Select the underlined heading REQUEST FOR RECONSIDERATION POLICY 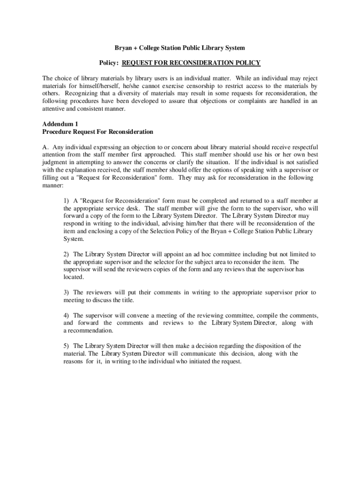click(191, 63)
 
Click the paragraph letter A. click(45, 147)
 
